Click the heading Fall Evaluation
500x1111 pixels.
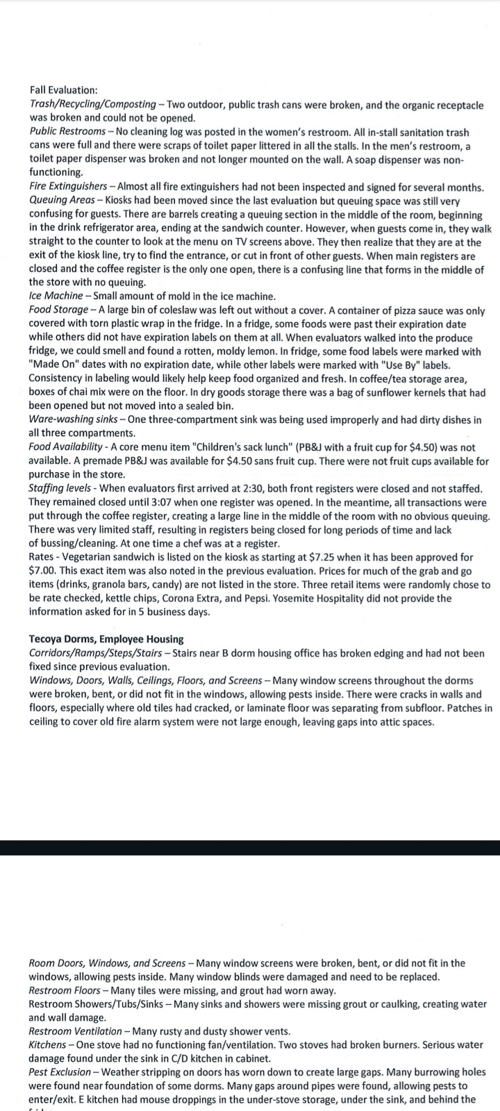click(63, 90)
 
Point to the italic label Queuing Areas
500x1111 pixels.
click(61, 201)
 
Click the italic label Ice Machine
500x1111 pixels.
click(56, 296)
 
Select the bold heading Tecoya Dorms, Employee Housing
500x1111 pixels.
click(106, 639)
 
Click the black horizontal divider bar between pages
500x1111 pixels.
click(250, 847)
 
